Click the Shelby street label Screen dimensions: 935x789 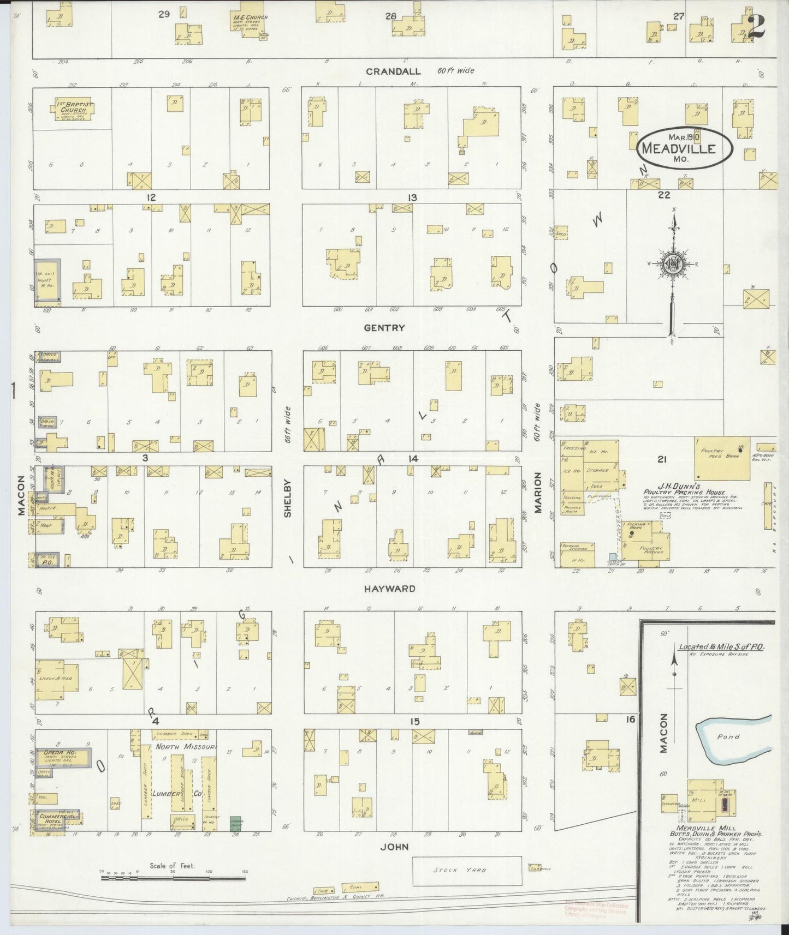click(x=288, y=498)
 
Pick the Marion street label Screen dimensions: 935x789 click(x=538, y=493)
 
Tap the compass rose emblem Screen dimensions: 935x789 click(x=672, y=265)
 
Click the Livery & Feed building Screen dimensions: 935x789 click(x=55, y=678)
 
